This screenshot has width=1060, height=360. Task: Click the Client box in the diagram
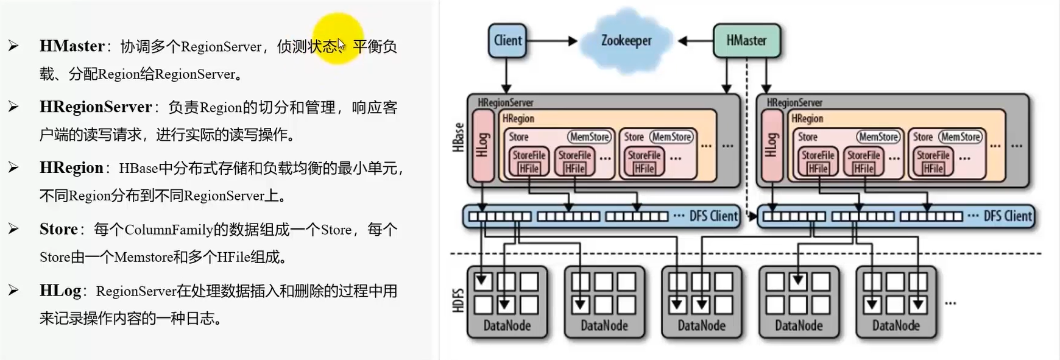pos(507,41)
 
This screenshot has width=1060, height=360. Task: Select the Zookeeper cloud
pos(626,41)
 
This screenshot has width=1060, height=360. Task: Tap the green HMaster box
pos(746,41)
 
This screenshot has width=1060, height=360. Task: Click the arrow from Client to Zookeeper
pos(551,41)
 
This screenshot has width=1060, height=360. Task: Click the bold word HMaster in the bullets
pos(72,46)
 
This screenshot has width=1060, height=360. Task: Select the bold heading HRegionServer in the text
pos(96,107)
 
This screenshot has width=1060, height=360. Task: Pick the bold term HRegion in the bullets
pos(71,168)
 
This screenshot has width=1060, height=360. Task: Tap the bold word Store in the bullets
pos(58,230)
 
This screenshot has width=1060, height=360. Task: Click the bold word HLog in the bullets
pos(60,291)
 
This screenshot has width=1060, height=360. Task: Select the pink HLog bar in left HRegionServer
pos(482,146)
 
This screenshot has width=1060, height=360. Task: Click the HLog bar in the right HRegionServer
pos(772,146)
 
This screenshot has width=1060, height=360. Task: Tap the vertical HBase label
pos(458,137)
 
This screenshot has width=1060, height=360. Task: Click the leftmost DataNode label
pos(507,326)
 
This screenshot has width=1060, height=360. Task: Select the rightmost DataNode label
pos(896,326)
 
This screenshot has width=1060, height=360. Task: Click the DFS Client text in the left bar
pos(713,216)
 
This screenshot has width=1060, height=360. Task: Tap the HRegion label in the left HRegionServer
pos(518,119)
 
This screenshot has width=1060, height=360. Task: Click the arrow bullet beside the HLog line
pos(13,291)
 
